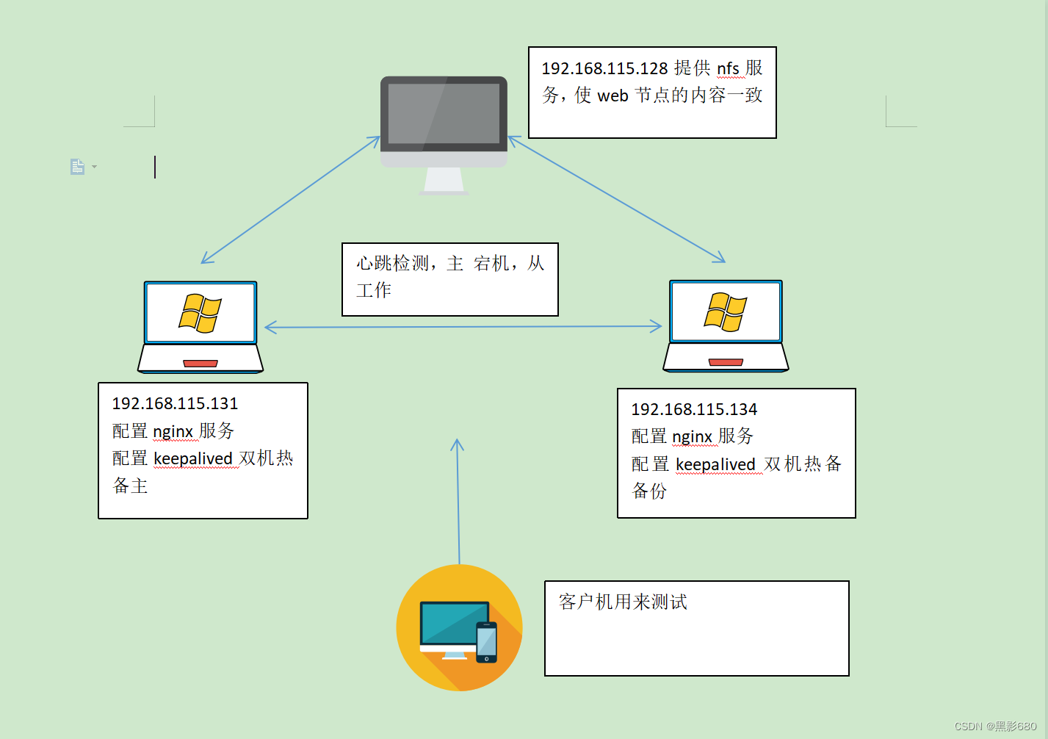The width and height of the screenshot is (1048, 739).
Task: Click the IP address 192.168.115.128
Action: point(604,68)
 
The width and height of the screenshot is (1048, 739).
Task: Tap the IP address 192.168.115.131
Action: point(175,403)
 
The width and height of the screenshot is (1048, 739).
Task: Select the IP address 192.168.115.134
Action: point(694,409)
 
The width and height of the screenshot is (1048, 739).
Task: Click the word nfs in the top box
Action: point(728,69)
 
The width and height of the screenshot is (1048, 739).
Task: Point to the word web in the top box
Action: point(612,96)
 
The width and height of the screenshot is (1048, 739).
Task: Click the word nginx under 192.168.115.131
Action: point(173,431)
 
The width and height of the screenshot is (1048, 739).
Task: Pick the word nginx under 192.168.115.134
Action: point(692,437)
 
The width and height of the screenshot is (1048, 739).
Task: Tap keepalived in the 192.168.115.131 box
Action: point(193,459)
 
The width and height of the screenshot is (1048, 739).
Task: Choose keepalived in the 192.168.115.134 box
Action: point(715,465)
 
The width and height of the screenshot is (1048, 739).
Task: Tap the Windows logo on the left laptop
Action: point(200,313)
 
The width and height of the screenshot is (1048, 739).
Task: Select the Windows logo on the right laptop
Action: point(726,311)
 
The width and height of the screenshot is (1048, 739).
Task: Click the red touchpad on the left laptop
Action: point(200,363)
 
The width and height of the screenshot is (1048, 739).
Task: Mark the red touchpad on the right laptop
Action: point(726,362)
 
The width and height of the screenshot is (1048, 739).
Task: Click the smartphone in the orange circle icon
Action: point(486,641)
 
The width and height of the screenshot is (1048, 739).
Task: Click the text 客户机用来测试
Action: point(623,602)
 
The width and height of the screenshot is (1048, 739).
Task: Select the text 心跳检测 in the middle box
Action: point(392,263)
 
